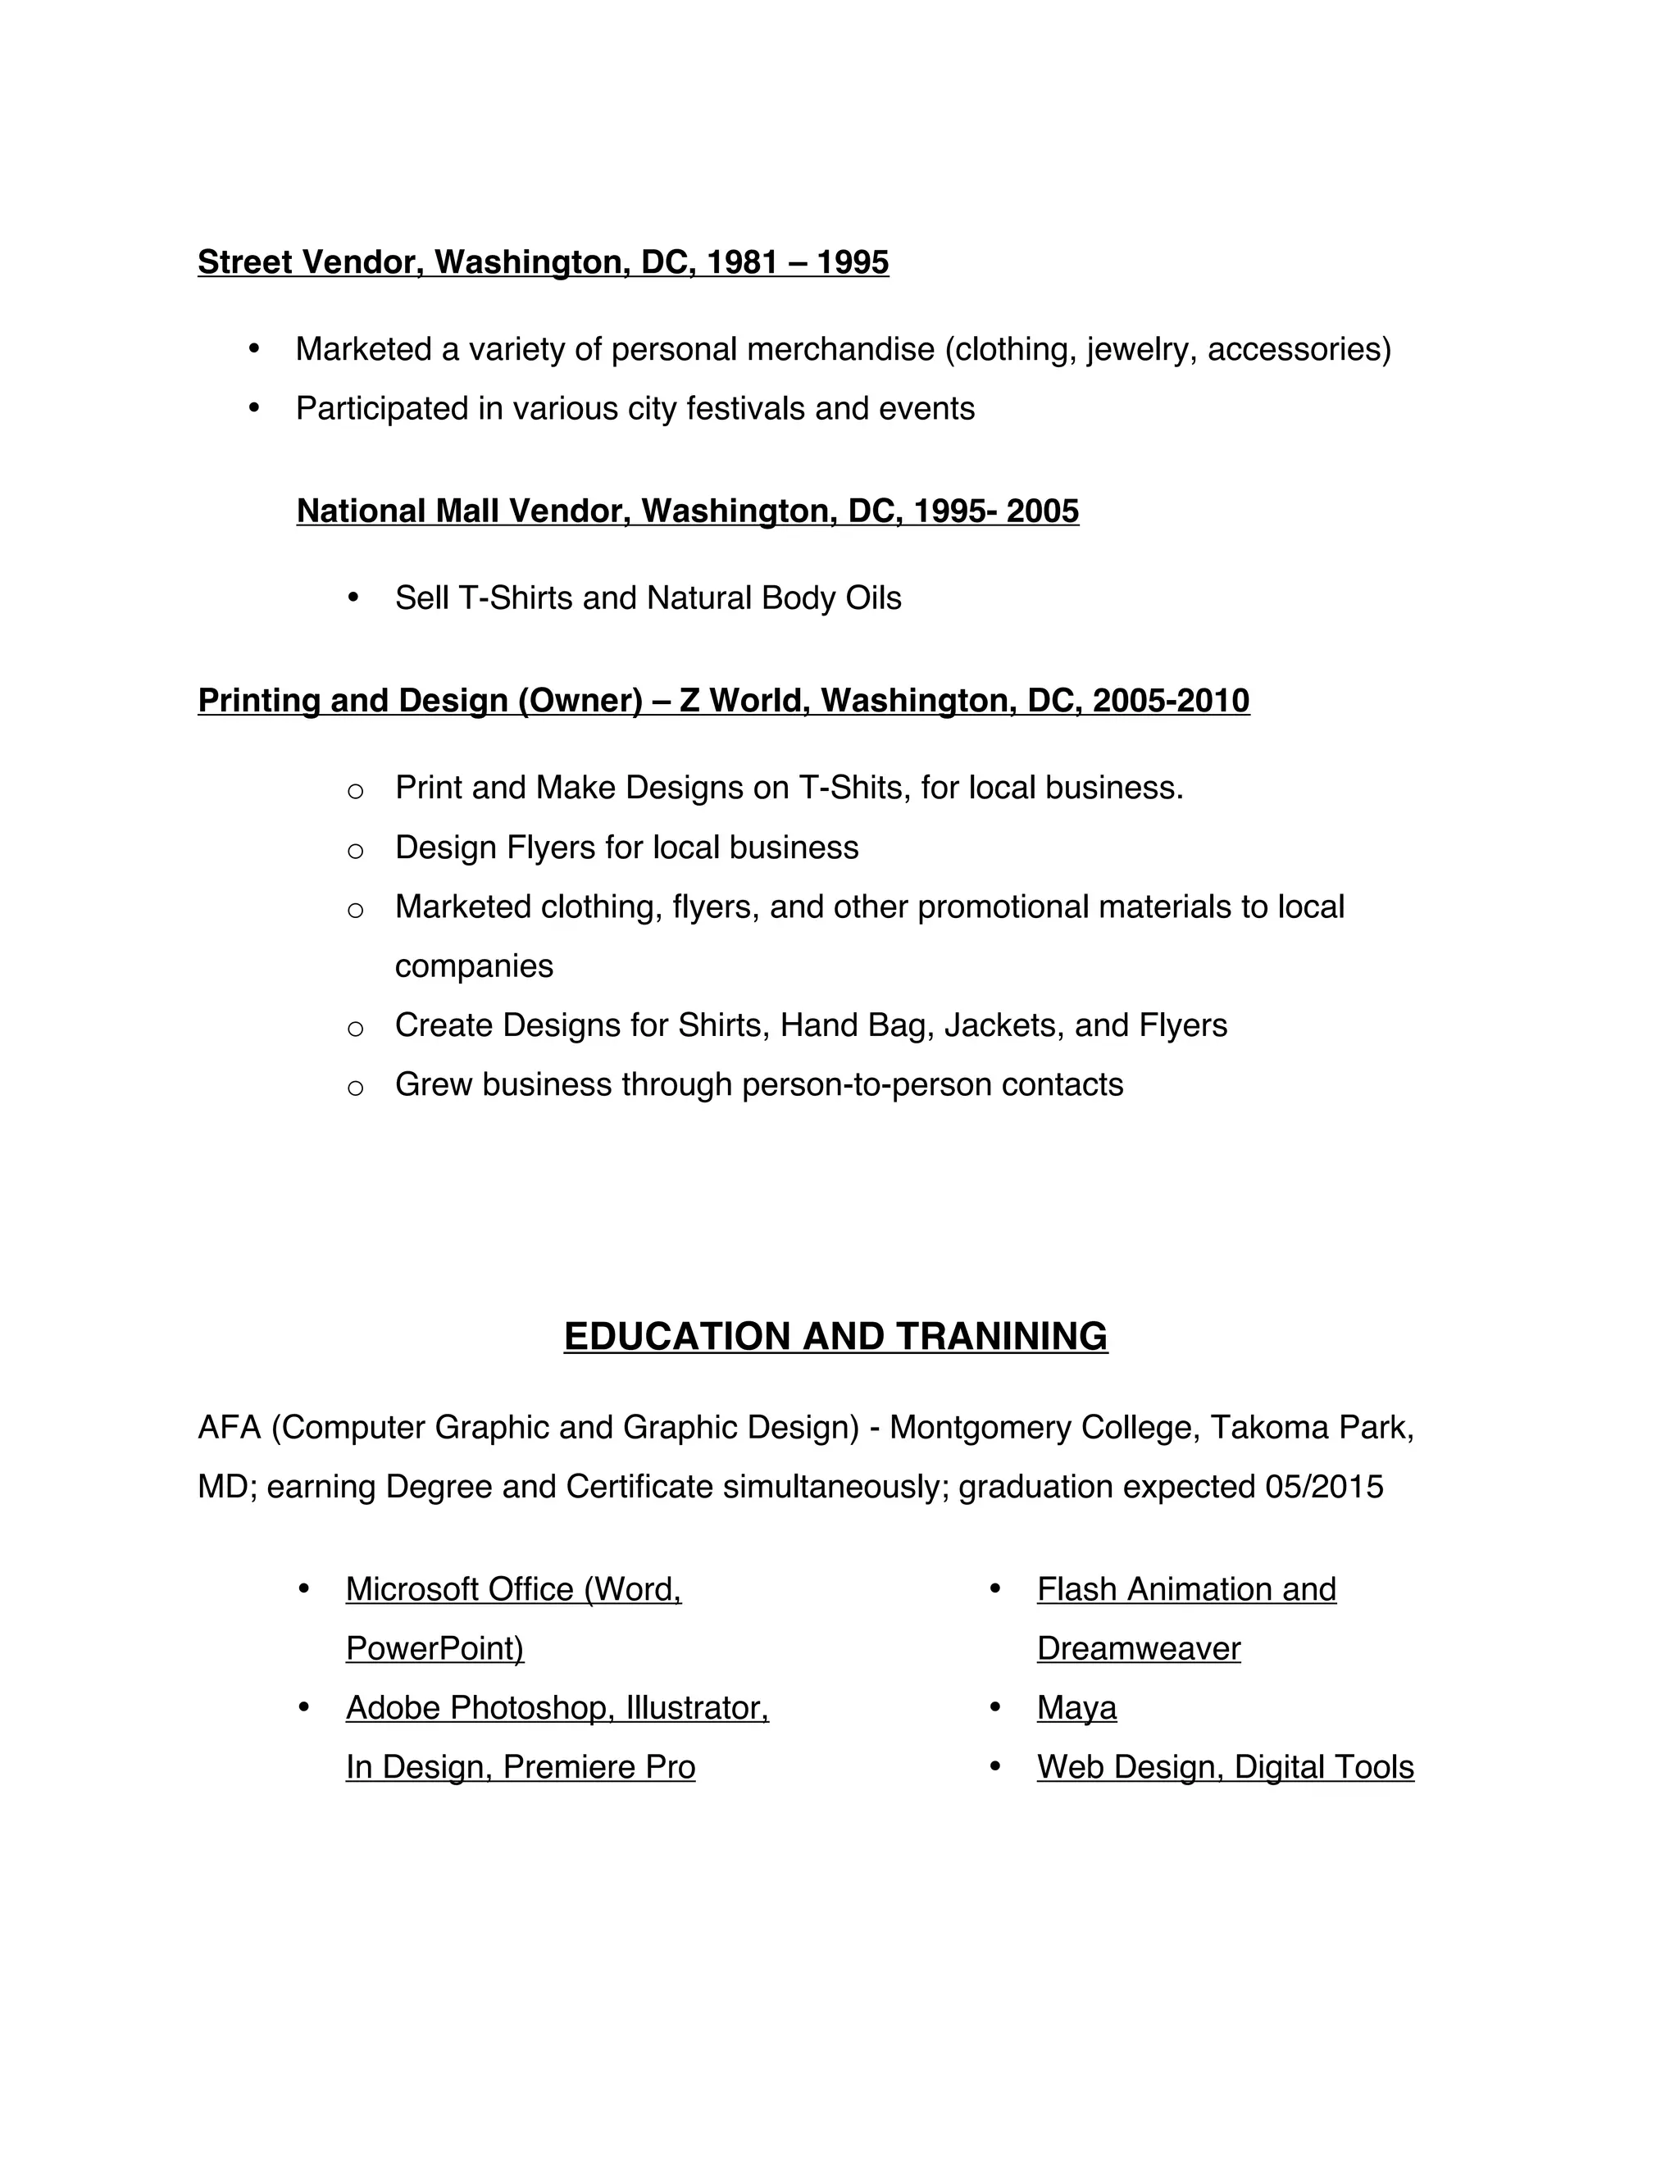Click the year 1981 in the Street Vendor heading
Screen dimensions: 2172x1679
[x=742, y=262]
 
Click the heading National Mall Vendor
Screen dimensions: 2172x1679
[x=462, y=511]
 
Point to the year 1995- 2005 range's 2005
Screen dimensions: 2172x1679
[x=1043, y=511]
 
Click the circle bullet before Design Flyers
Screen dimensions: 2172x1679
[x=355, y=850]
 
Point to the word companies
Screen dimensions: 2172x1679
[x=474, y=966]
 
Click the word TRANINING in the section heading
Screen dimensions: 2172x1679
[x=1002, y=1337]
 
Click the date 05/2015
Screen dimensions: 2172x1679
[x=1324, y=1487]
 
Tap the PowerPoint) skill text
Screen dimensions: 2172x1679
[x=435, y=1649]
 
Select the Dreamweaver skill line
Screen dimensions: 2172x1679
[x=1138, y=1649]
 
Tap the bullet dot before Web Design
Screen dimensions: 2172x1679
[x=995, y=1766]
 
